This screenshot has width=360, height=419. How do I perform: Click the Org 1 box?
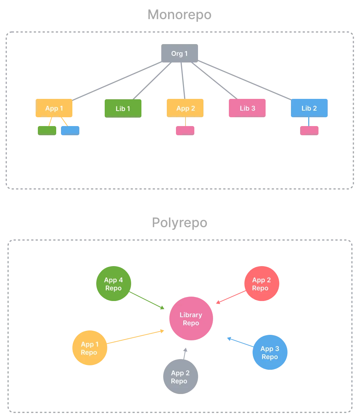point(179,54)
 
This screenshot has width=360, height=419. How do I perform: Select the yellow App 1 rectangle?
point(54,108)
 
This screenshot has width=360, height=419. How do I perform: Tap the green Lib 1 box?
point(123,108)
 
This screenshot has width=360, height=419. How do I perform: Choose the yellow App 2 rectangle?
point(185,108)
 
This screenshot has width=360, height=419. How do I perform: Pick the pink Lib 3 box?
point(247,108)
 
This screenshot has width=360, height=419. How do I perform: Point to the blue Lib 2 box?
point(309,108)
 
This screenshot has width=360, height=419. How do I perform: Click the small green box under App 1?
point(47,130)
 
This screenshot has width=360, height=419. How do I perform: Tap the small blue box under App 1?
point(70,130)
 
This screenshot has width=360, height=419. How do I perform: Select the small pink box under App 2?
point(185,130)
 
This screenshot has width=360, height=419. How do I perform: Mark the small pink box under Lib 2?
point(310,130)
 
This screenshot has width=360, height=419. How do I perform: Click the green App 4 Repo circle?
point(114,284)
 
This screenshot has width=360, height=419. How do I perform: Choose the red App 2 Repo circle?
point(262,284)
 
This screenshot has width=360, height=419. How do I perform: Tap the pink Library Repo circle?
point(191,319)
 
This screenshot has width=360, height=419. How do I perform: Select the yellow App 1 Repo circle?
point(89,348)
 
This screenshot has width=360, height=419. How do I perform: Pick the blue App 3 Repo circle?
point(270,352)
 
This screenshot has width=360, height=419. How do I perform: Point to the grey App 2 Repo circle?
point(180,377)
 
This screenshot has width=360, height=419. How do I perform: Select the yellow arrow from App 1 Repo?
point(136,337)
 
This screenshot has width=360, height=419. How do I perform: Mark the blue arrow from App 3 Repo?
point(240,342)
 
